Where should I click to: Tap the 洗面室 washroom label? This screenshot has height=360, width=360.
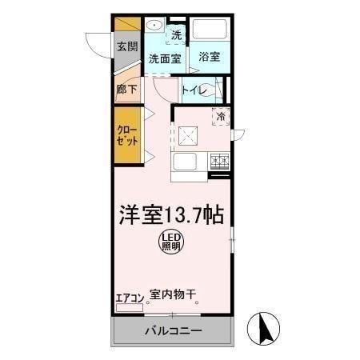pos(166,58)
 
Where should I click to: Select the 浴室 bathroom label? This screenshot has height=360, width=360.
pos(210,57)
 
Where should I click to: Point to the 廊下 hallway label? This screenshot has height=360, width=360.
pos(126,90)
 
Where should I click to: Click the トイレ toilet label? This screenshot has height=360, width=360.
pos(197,90)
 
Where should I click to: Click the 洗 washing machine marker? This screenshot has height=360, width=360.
pos(177,34)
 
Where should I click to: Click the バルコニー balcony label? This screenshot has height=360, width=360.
pos(173,330)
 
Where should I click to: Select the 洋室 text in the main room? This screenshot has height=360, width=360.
pos(141,215)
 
